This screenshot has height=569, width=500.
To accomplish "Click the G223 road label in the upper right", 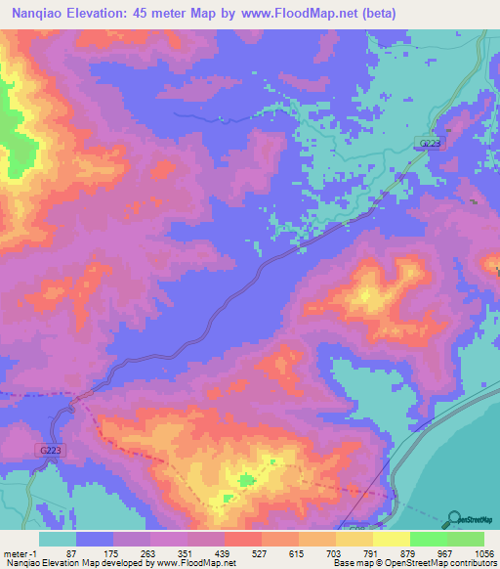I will tap(429, 144).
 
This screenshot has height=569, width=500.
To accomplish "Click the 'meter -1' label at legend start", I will tap(19, 552).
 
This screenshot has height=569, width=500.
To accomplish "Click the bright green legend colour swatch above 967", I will tap(428, 539).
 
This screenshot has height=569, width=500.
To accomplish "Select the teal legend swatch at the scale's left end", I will tap(58, 539).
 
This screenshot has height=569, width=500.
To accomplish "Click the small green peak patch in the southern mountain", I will tap(245, 480).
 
